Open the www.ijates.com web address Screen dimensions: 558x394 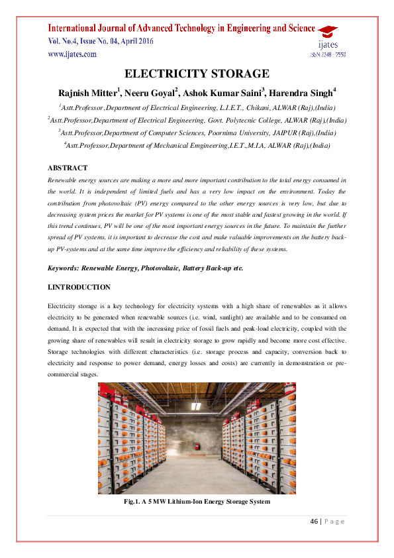click(x=72, y=54)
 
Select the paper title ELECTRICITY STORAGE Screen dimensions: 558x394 click(x=197, y=74)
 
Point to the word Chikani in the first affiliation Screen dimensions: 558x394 click(x=248, y=107)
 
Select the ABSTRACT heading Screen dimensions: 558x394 click(x=68, y=168)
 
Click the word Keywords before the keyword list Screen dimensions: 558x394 click(x=65, y=267)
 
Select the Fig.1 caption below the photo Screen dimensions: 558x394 click(x=197, y=502)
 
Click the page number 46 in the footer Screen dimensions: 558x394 click(x=315, y=520)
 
